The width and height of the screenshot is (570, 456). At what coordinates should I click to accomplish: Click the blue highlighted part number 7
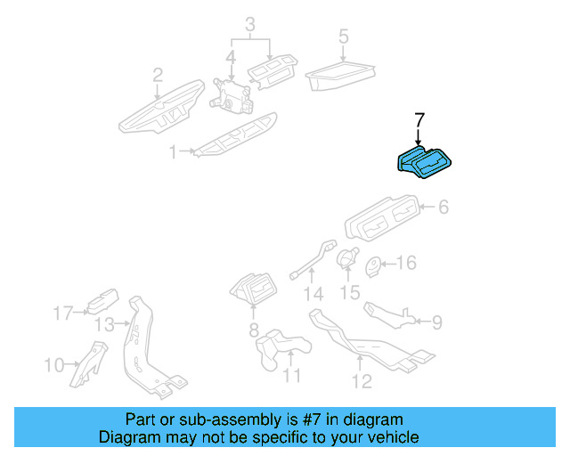(x=425, y=162)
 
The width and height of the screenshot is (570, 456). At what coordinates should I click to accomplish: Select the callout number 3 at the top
(x=250, y=22)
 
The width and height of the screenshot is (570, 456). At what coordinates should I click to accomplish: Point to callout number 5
(x=343, y=37)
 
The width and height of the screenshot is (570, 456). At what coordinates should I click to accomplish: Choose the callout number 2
(x=158, y=75)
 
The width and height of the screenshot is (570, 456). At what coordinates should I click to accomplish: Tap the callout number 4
(x=231, y=61)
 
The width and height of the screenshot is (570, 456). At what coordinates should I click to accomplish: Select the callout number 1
(x=173, y=153)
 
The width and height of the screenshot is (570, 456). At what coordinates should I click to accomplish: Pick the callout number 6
(x=443, y=208)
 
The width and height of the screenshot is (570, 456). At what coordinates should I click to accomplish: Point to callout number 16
(x=405, y=263)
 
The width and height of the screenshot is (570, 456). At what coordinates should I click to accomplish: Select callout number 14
(x=311, y=294)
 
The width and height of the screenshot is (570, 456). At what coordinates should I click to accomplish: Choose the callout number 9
(x=436, y=321)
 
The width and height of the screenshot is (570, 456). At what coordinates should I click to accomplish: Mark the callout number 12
(x=361, y=385)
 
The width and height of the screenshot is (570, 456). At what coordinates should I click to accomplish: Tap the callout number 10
(x=54, y=364)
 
